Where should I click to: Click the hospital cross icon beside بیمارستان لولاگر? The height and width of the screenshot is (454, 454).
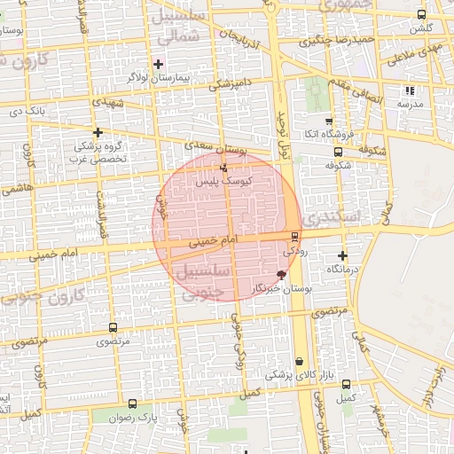coord(158,64)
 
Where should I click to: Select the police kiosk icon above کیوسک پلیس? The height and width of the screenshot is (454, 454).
coord(223,166)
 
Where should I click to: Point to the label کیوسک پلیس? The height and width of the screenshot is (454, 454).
coord(223,180)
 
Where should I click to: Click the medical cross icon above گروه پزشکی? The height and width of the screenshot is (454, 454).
coord(98,131)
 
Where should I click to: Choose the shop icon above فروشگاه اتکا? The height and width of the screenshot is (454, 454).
coord(329,121)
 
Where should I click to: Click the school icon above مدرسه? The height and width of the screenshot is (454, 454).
coord(409,90)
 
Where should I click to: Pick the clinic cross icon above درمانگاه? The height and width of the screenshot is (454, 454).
coord(342,255)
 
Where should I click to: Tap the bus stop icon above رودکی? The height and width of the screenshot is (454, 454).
coord(294,236)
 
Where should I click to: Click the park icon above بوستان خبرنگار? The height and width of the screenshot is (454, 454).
coord(282,276)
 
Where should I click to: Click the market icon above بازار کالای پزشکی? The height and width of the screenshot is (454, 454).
coord(301,362)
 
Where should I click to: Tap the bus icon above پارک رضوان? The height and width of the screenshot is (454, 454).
coord(133,403)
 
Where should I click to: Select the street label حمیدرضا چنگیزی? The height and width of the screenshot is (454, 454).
coord(341,40)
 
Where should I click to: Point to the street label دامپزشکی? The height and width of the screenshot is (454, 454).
coord(232,86)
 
